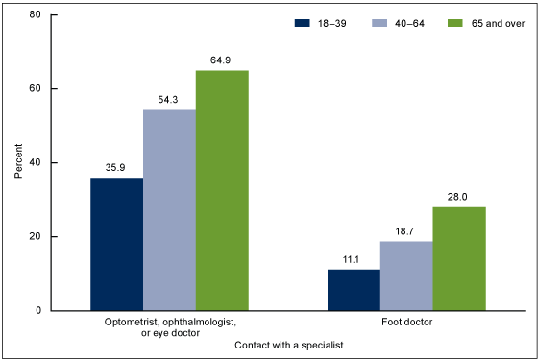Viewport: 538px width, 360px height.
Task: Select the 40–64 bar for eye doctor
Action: pyautogui.click(x=169, y=210)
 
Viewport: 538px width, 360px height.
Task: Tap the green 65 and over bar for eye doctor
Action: pyautogui.click(x=222, y=190)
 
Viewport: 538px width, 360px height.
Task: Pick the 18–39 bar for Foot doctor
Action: pyautogui.click(x=354, y=290)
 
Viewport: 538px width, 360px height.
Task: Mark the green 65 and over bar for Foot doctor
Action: pyautogui.click(x=458, y=258)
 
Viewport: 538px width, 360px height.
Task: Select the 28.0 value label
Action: pyautogui.click(x=458, y=198)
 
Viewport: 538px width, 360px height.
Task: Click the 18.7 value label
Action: pyautogui.click(x=406, y=232)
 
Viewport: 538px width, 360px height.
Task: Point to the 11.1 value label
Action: pyautogui.click(x=354, y=260)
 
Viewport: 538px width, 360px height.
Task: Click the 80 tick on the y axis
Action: pyautogui.click(x=35, y=15)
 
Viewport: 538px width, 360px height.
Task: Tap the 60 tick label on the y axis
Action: pyautogui.click(x=35, y=89)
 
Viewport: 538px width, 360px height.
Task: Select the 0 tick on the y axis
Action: pyautogui.click(x=37, y=311)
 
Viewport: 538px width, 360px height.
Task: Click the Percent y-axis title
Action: pyautogui.click(x=17, y=163)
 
